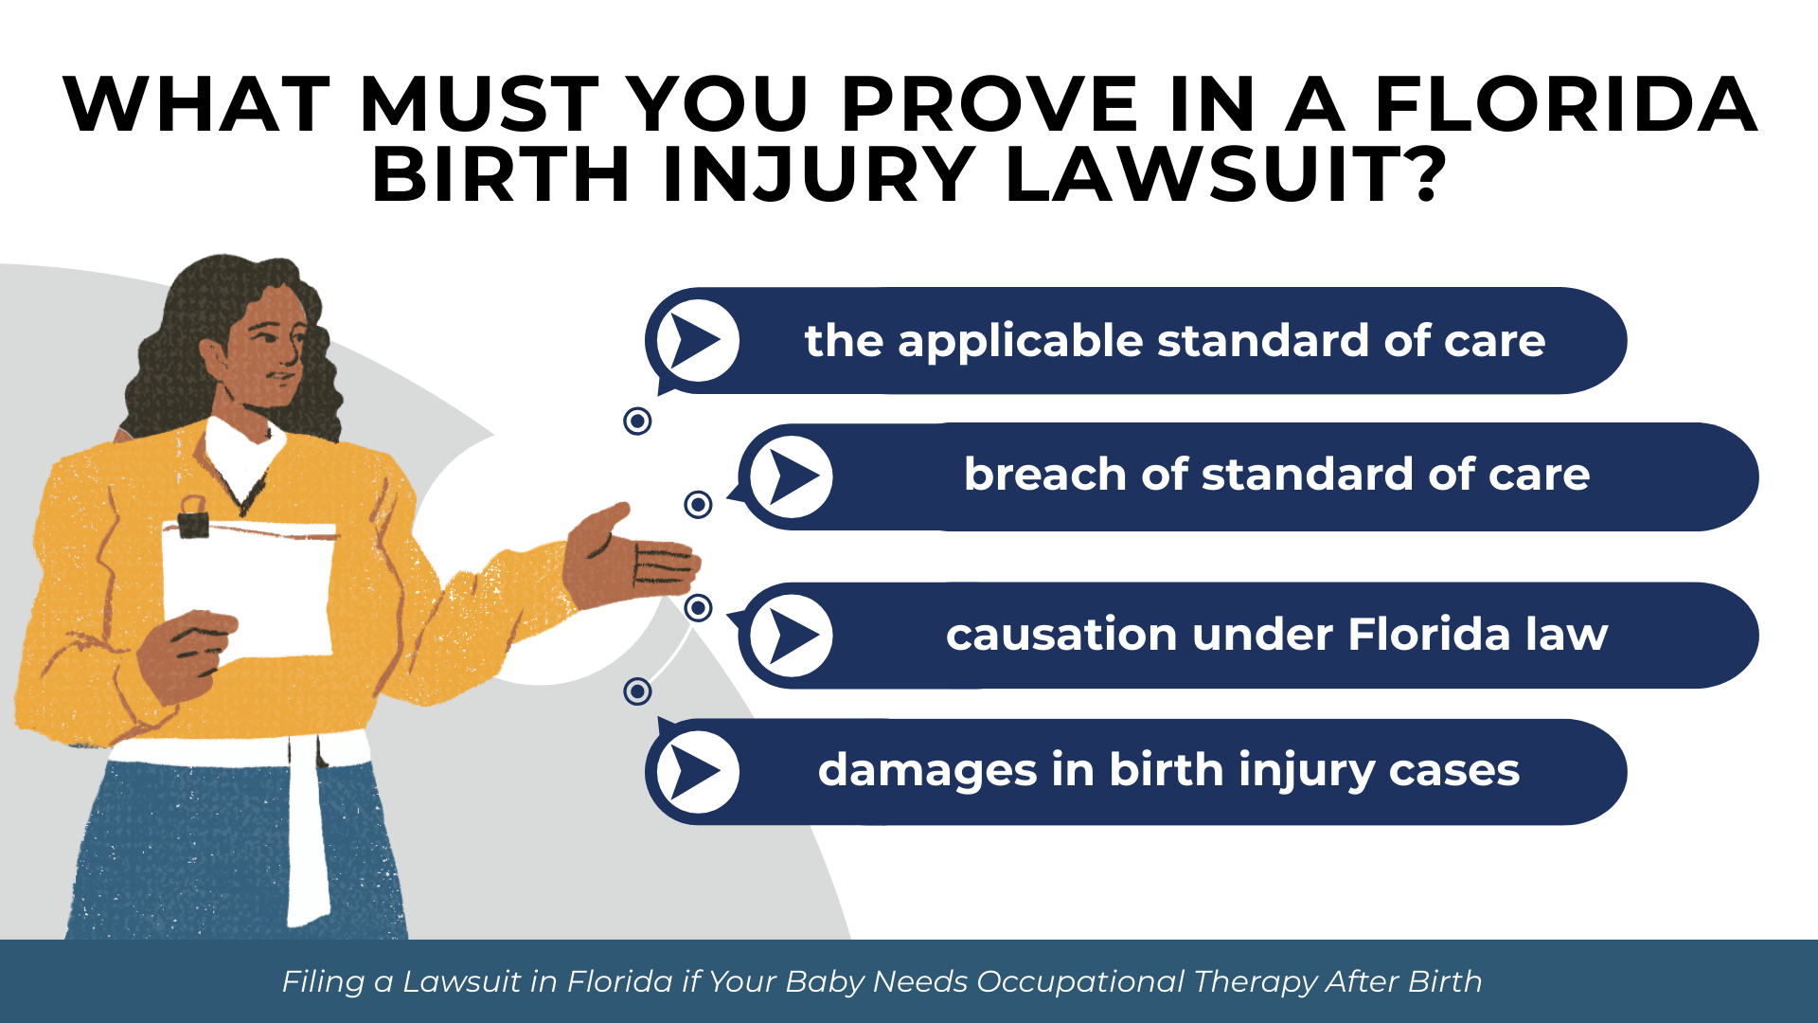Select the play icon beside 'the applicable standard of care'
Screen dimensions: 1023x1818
(x=698, y=341)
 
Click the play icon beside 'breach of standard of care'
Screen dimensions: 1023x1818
(x=792, y=476)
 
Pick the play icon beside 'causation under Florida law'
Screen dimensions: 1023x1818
(x=792, y=636)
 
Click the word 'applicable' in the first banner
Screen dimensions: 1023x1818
(x=1021, y=341)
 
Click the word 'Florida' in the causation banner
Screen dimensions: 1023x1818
(x=1428, y=635)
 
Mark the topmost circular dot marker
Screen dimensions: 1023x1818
(x=637, y=421)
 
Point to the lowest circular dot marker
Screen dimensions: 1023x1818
(x=637, y=691)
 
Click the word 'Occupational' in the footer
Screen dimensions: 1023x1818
(x=1079, y=982)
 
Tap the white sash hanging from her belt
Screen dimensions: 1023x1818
(x=308, y=834)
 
